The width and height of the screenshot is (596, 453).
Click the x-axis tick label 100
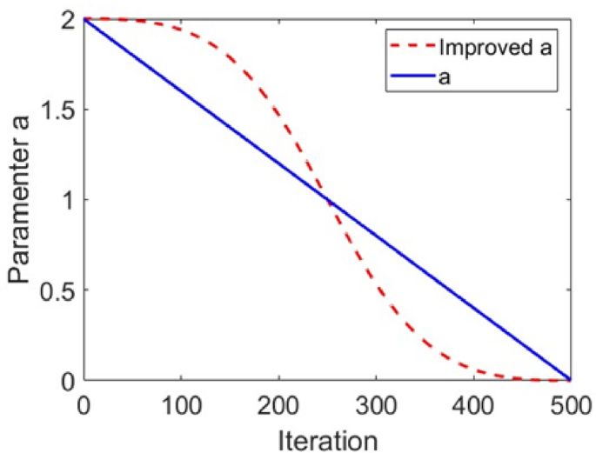pos(181,402)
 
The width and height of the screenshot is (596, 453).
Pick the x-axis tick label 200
pos(278,402)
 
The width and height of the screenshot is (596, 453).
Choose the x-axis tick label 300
pos(376,402)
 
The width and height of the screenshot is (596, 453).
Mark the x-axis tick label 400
pos(473,402)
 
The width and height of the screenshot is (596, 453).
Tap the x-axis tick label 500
pos(570,402)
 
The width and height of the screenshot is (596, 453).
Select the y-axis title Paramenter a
pos(21,200)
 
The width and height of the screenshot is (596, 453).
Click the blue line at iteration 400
pos(473,309)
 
